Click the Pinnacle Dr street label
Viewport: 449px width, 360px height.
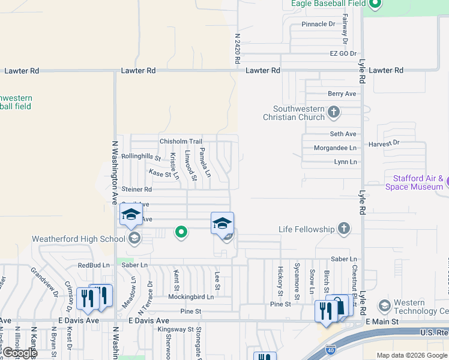[318, 24]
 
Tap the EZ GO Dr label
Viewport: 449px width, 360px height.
[343, 54]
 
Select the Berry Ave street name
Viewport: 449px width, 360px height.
[342, 94]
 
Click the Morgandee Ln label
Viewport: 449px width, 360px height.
[335, 148]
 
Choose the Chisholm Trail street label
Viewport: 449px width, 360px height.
[181, 142]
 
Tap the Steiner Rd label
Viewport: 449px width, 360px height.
[137, 189]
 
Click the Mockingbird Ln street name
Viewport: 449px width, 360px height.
[191, 297]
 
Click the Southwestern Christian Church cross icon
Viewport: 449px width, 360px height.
[334, 112]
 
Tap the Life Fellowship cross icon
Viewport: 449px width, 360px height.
[343, 229]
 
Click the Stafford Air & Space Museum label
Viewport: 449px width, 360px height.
[418, 182]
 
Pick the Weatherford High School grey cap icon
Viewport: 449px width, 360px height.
[134, 238]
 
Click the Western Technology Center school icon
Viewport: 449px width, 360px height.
[384, 306]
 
